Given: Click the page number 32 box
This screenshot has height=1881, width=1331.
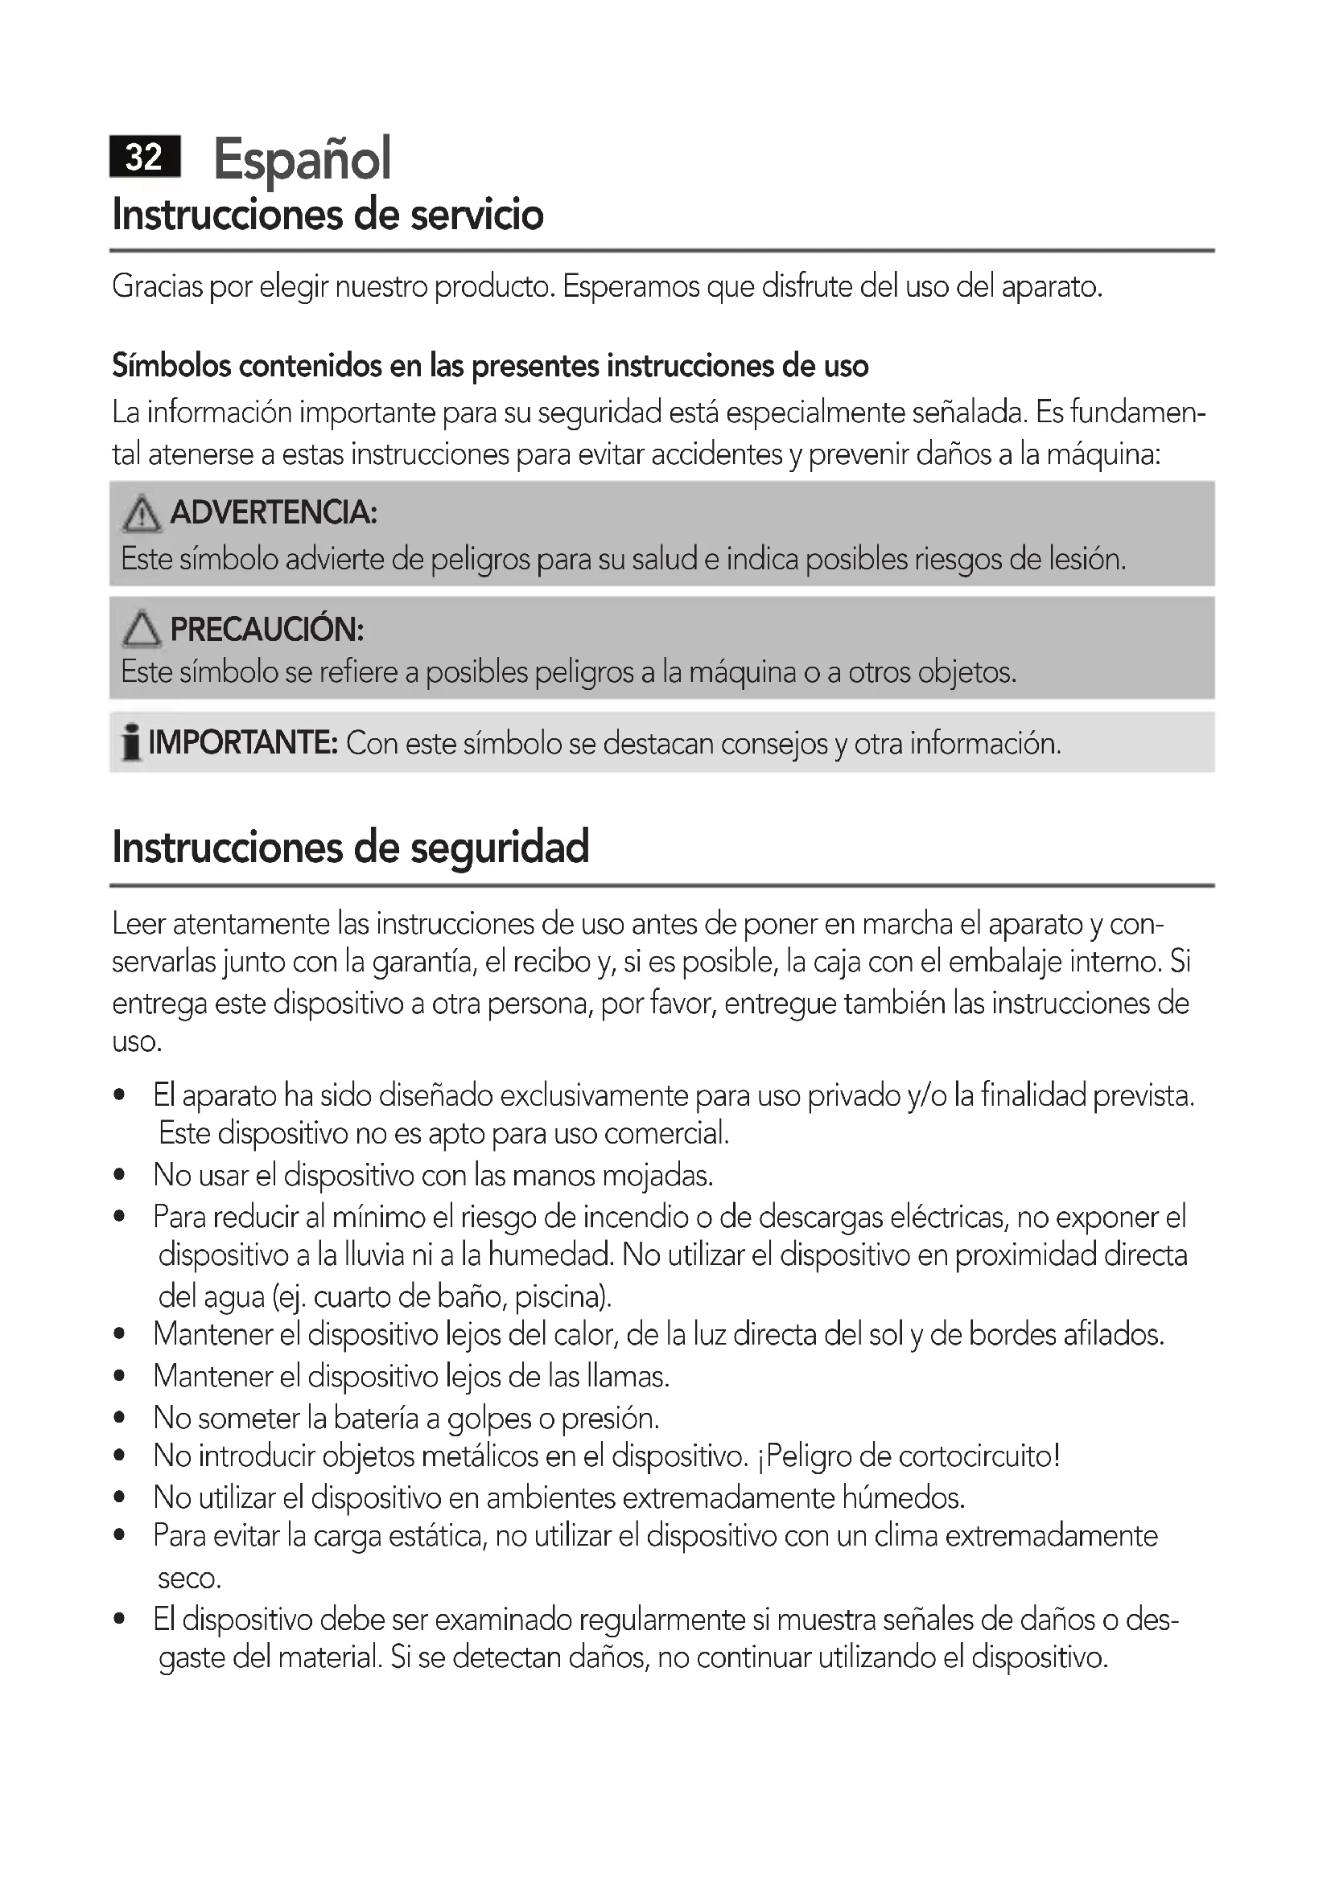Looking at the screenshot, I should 145,157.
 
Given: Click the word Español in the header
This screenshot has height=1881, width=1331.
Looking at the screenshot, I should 303,159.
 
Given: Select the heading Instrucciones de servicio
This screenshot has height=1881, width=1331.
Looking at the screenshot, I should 328,215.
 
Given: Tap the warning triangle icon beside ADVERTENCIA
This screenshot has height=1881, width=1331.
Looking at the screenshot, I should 141,514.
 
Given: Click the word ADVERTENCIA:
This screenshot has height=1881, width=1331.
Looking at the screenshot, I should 274,513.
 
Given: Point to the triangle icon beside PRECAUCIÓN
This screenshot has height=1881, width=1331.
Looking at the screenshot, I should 141,629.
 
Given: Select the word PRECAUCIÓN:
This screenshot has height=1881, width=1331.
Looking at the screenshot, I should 267,629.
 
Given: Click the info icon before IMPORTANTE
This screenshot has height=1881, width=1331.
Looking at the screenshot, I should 130,743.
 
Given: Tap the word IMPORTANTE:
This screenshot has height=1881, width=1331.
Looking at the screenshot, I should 243,743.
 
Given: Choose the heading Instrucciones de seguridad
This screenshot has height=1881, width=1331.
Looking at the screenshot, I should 351,847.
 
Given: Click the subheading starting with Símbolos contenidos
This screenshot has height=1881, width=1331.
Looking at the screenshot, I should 490,366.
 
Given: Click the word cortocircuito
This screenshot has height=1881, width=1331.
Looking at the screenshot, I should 975,1456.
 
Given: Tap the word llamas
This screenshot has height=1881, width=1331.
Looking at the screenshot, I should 628,1376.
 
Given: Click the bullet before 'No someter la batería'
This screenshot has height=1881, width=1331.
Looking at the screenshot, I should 120,1417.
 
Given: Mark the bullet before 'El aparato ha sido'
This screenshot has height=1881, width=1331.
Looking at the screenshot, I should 120,1095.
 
